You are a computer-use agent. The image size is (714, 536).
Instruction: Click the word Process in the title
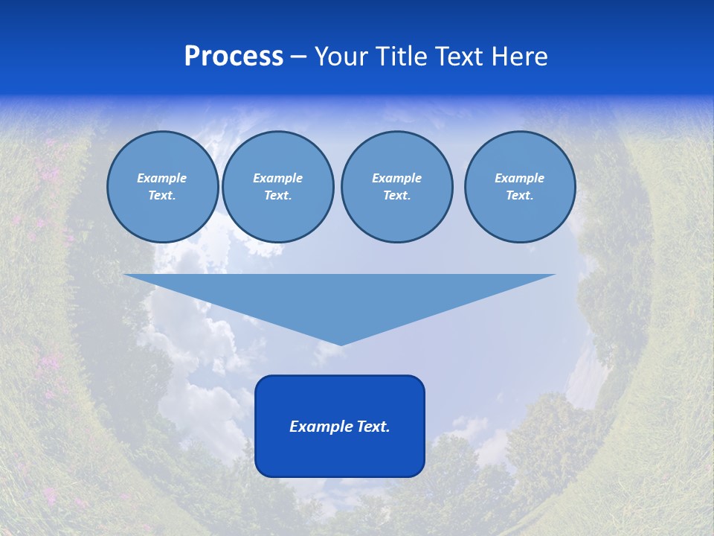tap(234, 57)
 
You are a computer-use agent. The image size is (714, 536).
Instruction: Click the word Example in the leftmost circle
tap(162, 178)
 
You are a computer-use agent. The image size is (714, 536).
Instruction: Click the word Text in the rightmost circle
tap(518, 195)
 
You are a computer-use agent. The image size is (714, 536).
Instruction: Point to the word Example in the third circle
tap(396, 178)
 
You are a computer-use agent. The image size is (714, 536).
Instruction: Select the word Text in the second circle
tap(277, 195)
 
